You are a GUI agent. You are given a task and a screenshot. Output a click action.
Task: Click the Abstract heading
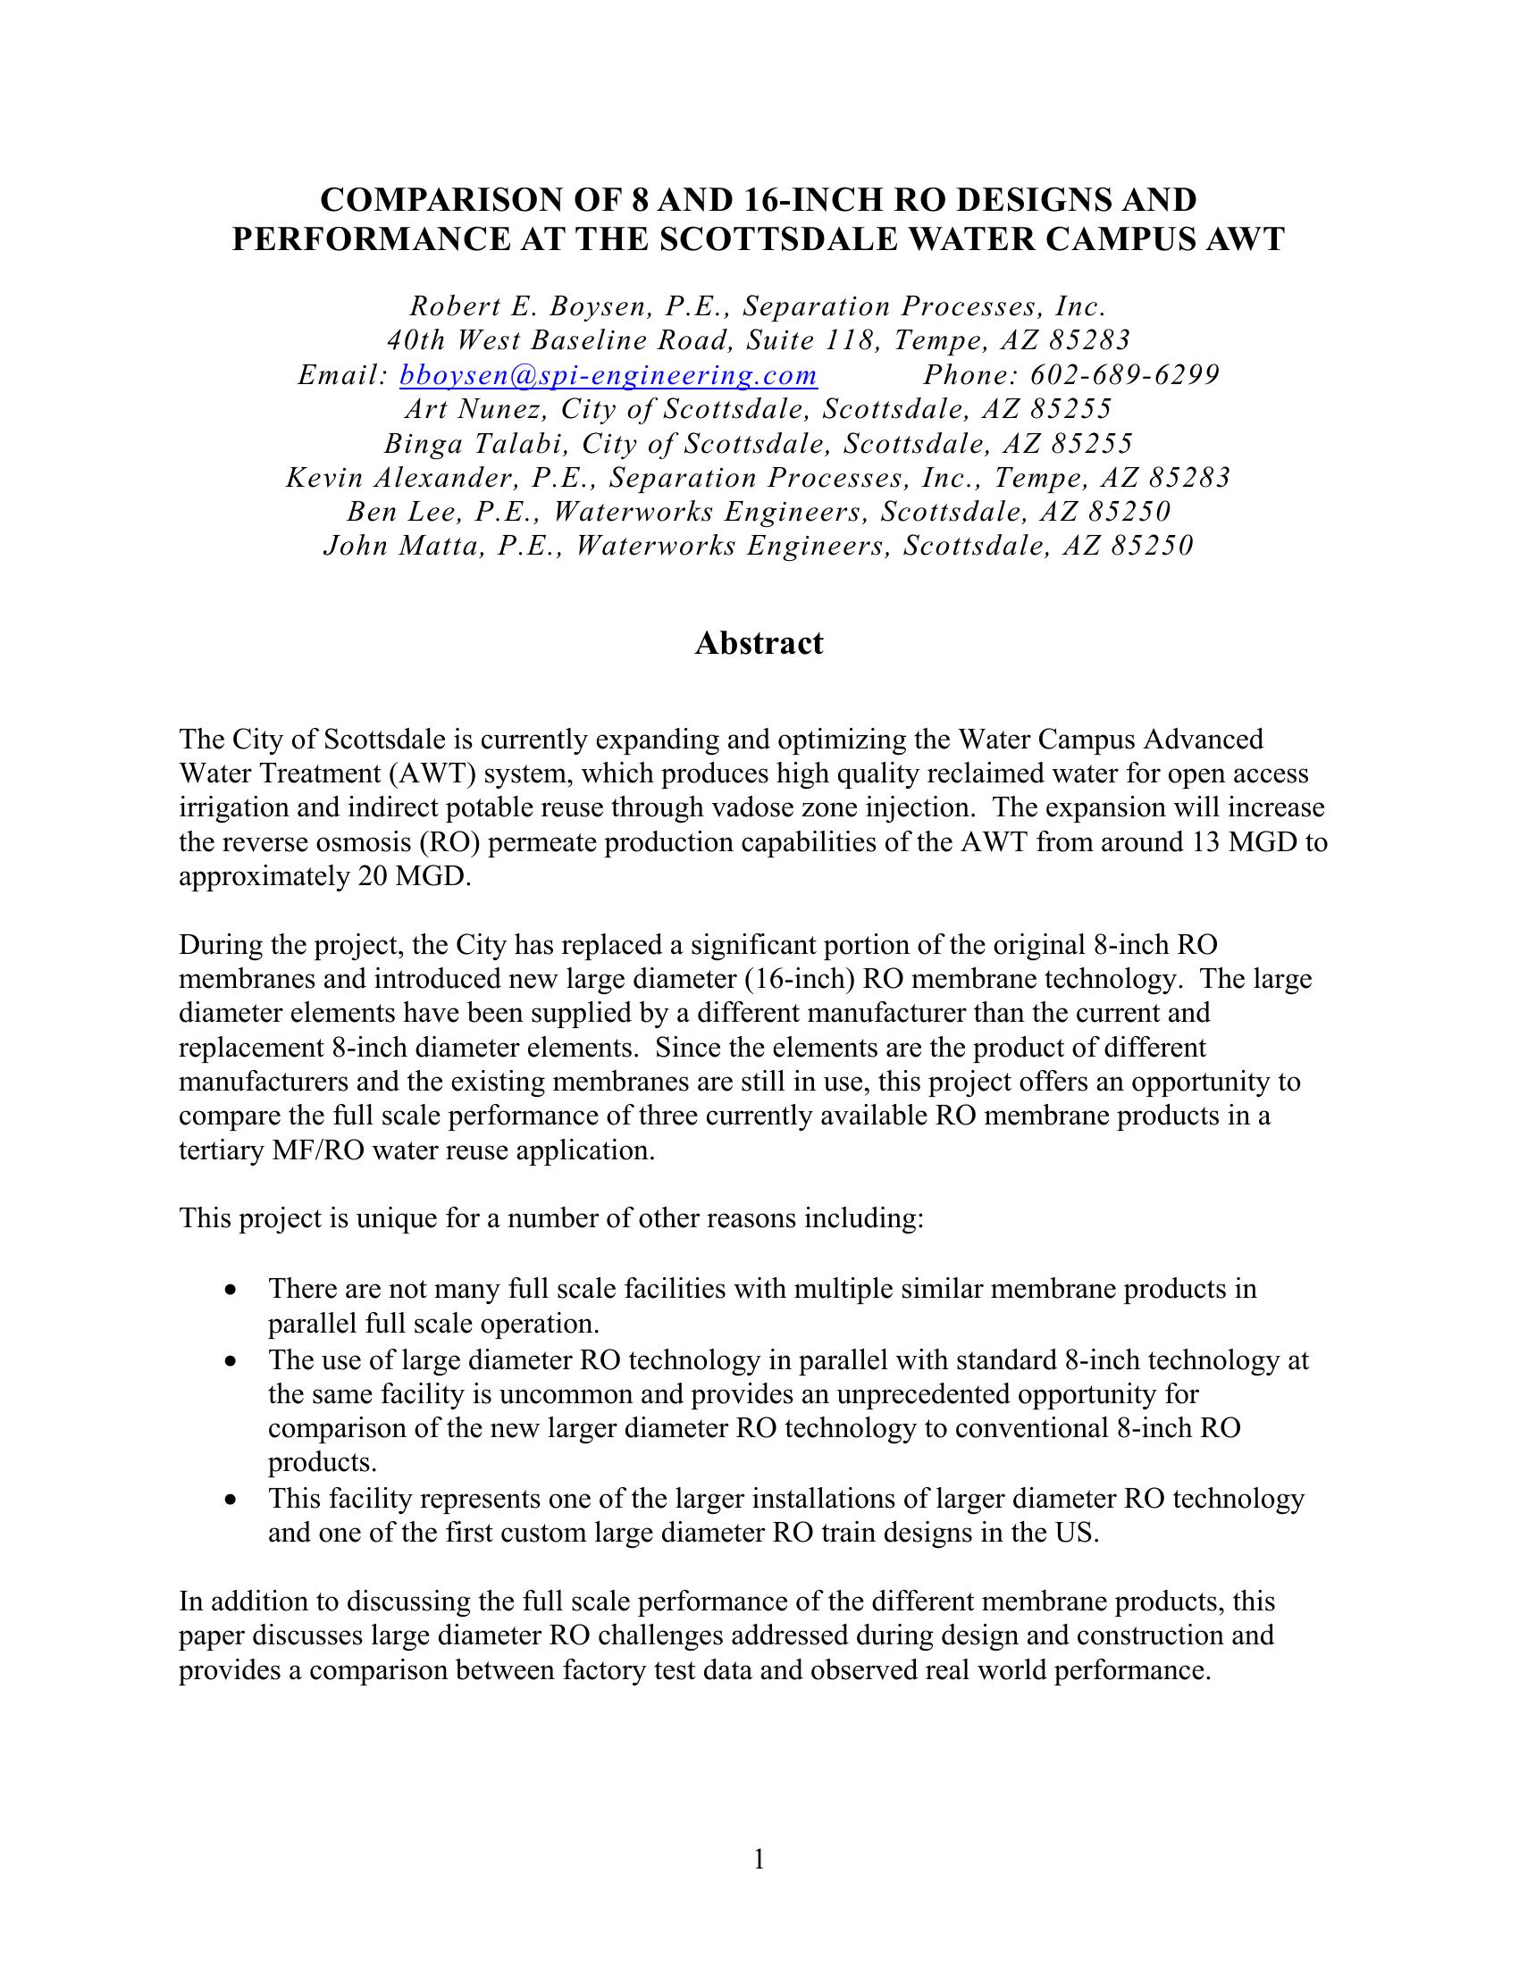759,643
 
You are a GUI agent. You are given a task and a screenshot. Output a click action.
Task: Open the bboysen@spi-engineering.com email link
608,375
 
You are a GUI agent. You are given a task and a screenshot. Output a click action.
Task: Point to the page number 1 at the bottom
759,1860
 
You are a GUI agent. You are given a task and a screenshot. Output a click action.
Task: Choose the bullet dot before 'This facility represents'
233,1500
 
